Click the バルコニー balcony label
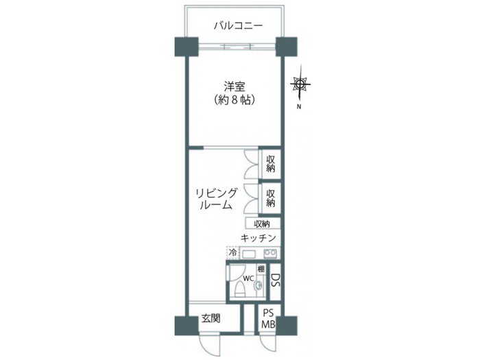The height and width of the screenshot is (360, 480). tap(238, 25)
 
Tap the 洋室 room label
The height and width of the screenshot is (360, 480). tap(235, 86)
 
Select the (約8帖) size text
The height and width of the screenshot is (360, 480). tap(235, 100)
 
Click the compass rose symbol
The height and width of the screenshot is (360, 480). tap(300, 84)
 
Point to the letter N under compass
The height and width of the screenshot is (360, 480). tap(299, 107)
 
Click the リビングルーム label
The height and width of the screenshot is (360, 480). tap(217, 199)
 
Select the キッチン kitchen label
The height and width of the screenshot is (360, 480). tap(259, 238)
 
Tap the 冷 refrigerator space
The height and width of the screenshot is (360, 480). tap(233, 253)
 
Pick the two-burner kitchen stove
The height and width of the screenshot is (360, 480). tap(271, 253)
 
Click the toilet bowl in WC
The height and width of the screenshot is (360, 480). tap(240, 289)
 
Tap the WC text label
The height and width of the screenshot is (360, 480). tap(248, 278)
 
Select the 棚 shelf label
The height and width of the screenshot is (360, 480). tap(261, 269)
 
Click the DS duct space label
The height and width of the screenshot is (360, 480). tap(275, 280)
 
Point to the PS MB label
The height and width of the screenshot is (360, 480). tap(268, 319)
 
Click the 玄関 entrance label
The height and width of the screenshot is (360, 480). tap(211, 318)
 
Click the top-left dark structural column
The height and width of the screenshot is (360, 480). tap(187, 47)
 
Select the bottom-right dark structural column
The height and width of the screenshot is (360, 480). tap(287, 326)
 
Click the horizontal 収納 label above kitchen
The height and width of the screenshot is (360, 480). tap(262, 224)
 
